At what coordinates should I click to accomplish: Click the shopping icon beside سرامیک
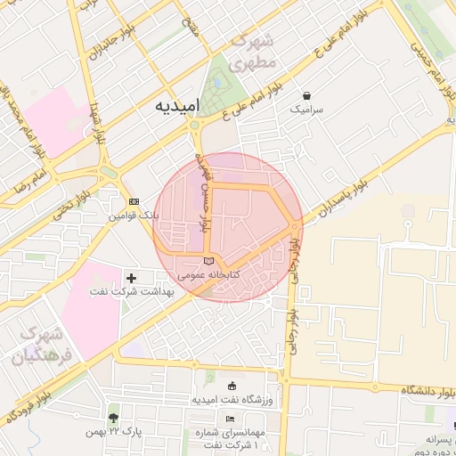[307, 94]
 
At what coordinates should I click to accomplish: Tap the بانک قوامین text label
[134, 216]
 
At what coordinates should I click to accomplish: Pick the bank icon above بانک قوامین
[134, 202]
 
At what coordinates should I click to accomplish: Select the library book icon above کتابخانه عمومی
[208, 261]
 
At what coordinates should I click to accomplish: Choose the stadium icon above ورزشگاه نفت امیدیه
[232, 386]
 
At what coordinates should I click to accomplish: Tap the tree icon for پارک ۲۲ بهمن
[113, 417]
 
